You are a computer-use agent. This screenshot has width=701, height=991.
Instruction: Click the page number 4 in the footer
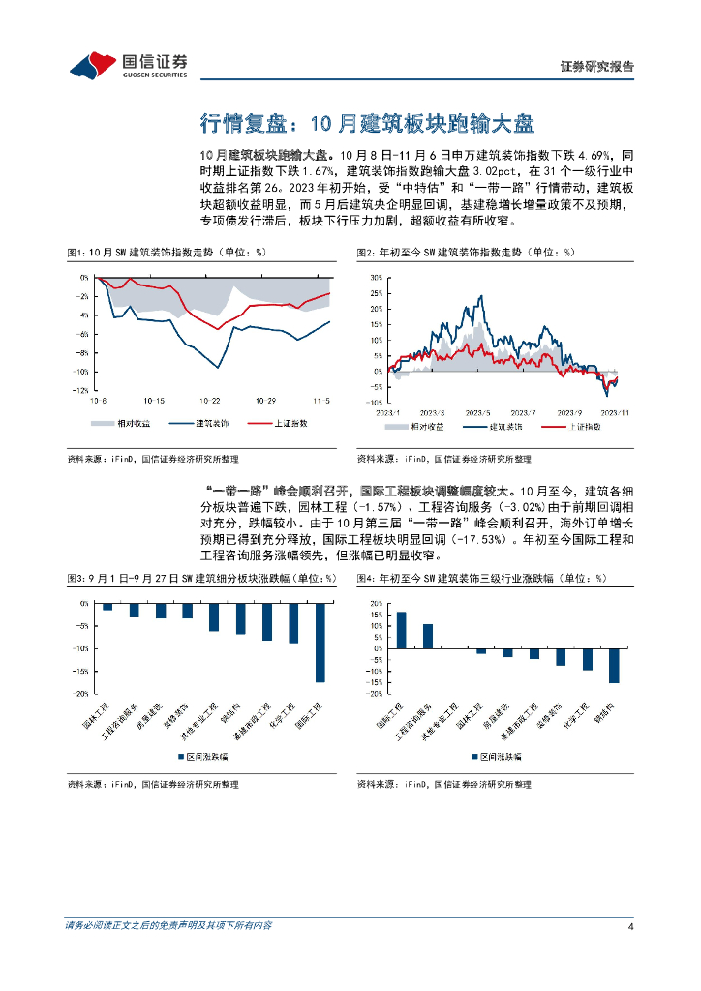coord(630,926)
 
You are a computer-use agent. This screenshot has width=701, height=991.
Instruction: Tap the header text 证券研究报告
coord(597,67)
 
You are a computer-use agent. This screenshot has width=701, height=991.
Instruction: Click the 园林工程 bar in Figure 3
coord(107,607)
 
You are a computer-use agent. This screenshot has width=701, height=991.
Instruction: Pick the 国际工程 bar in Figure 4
coord(401,630)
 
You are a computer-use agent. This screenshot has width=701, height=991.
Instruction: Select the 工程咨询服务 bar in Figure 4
coord(427,636)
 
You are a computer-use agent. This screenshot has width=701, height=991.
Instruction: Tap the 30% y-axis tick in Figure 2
coord(377,276)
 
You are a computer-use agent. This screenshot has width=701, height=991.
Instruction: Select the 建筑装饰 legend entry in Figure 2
coord(504,426)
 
